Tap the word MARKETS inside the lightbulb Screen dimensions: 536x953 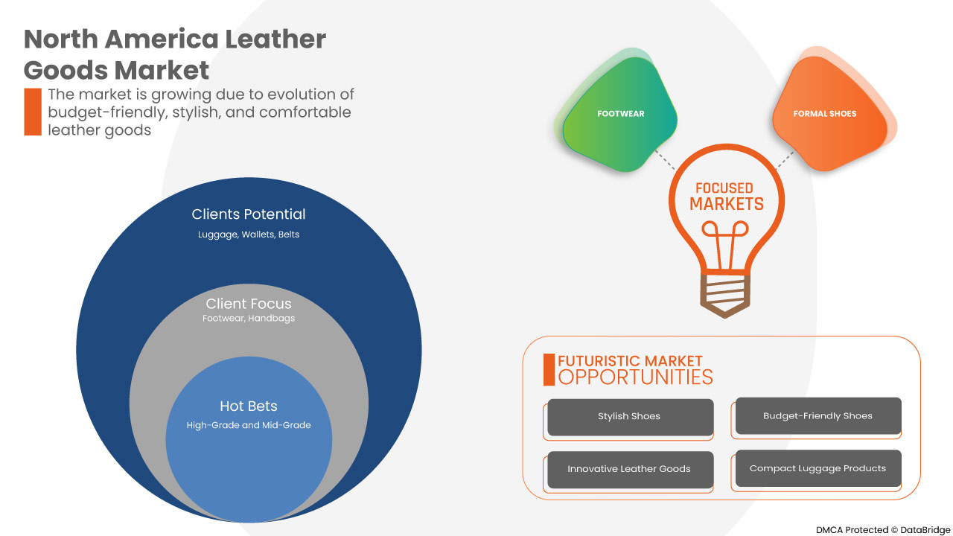(726, 204)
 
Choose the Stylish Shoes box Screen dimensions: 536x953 (630, 417)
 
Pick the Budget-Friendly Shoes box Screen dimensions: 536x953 (817, 416)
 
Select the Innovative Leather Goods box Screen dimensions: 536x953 (630, 469)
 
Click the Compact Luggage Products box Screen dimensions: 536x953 (817, 468)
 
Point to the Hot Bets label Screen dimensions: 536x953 (249, 406)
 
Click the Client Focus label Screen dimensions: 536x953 (249, 304)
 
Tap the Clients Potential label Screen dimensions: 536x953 (249, 214)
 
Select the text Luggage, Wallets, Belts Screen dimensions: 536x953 (249, 234)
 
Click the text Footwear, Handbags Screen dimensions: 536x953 (249, 319)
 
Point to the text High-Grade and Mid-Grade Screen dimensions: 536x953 (249, 425)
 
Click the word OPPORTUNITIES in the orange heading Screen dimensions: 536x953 (635, 377)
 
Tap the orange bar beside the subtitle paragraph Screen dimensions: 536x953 (33, 112)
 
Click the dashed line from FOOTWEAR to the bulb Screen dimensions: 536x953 (660, 157)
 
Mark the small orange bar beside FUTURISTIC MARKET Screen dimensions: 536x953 (549, 370)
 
